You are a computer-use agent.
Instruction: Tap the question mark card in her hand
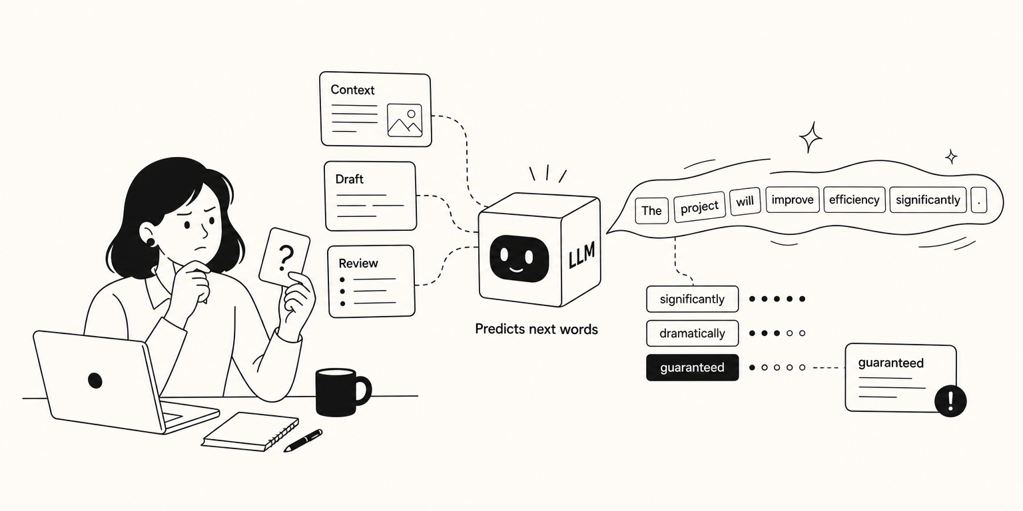click(284, 257)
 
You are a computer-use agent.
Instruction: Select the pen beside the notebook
click(303, 440)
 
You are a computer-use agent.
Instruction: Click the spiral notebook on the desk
click(250, 432)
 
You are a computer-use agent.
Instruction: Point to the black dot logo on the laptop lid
click(95, 380)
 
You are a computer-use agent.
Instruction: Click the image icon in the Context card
click(405, 120)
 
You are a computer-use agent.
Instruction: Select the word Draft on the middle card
click(350, 179)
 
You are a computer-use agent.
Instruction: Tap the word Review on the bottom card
click(358, 263)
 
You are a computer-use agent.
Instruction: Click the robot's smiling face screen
click(519, 258)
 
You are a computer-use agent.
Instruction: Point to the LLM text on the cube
click(582, 255)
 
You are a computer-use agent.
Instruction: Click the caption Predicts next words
click(536, 329)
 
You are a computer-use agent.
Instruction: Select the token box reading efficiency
click(854, 200)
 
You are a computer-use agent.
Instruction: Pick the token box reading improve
click(793, 200)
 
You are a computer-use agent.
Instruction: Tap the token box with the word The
click(652, 210)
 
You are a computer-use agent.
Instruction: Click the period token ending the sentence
click(978, 200)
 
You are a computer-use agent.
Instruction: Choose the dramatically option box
click(693, 333)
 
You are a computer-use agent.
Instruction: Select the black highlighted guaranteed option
click(693, 367)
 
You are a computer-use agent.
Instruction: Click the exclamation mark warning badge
click(950, 401)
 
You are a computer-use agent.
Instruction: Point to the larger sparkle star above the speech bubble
click(811, 137)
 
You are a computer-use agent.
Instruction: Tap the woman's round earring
click(151, 240)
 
